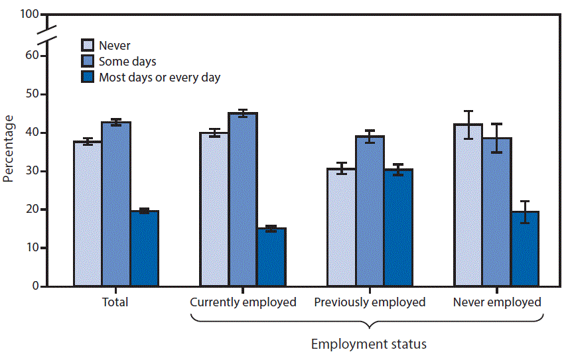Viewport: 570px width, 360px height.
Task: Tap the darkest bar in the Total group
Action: coord(144,249)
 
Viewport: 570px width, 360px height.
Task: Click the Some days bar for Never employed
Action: coord(496,212)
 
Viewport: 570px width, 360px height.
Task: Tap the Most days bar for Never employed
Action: coord(525,249)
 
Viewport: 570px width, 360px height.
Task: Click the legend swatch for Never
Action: coord(88,46)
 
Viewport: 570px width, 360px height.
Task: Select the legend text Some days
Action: coord(127,62)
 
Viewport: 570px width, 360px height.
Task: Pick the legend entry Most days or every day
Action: coord(159,78)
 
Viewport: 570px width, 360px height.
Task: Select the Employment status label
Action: coord(369,344)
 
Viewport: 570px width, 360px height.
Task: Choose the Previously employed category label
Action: coord(370,302)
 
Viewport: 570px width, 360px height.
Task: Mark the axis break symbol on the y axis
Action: coord(46,36)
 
